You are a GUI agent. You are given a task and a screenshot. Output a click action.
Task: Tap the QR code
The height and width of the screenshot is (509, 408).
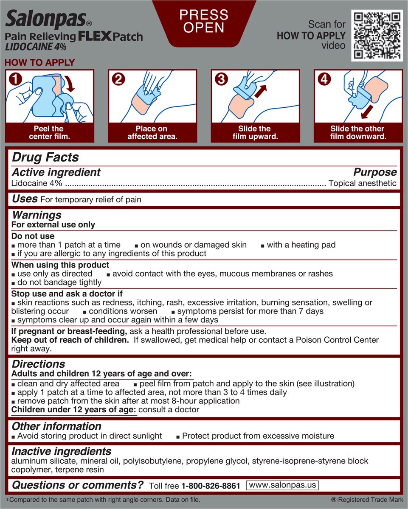click(x=377, y=36)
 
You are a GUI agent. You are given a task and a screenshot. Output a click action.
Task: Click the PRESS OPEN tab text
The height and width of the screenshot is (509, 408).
click(x=204, y=21)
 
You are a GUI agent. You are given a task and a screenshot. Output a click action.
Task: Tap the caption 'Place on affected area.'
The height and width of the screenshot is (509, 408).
click(x=152, y=133)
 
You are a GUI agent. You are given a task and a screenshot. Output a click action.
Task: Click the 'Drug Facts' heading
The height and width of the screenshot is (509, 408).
click(x=45, y=157)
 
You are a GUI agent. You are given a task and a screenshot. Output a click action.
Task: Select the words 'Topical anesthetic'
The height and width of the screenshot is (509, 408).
click(x=363, y=183)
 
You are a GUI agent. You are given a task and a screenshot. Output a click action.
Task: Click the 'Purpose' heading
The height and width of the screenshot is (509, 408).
click(x=375, y=172)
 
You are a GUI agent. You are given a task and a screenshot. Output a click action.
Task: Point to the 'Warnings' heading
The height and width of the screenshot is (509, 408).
click(x=37, y=215)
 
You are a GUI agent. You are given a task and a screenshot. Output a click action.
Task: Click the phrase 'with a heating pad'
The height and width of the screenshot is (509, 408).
click(x=301, y=245)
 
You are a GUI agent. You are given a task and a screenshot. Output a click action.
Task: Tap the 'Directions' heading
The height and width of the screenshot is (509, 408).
click(x=38, y=364)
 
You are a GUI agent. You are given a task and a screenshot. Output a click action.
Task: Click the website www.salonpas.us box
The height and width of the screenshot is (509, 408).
click(x=282, y=485)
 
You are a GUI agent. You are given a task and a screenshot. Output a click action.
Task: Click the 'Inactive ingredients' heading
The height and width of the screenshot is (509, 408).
click(x=62, y=451)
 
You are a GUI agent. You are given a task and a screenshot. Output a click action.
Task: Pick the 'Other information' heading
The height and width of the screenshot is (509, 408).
click(x=56, y=426)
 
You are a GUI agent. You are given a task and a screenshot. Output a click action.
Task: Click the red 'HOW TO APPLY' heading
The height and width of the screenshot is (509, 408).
click(x=39, y=63)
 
